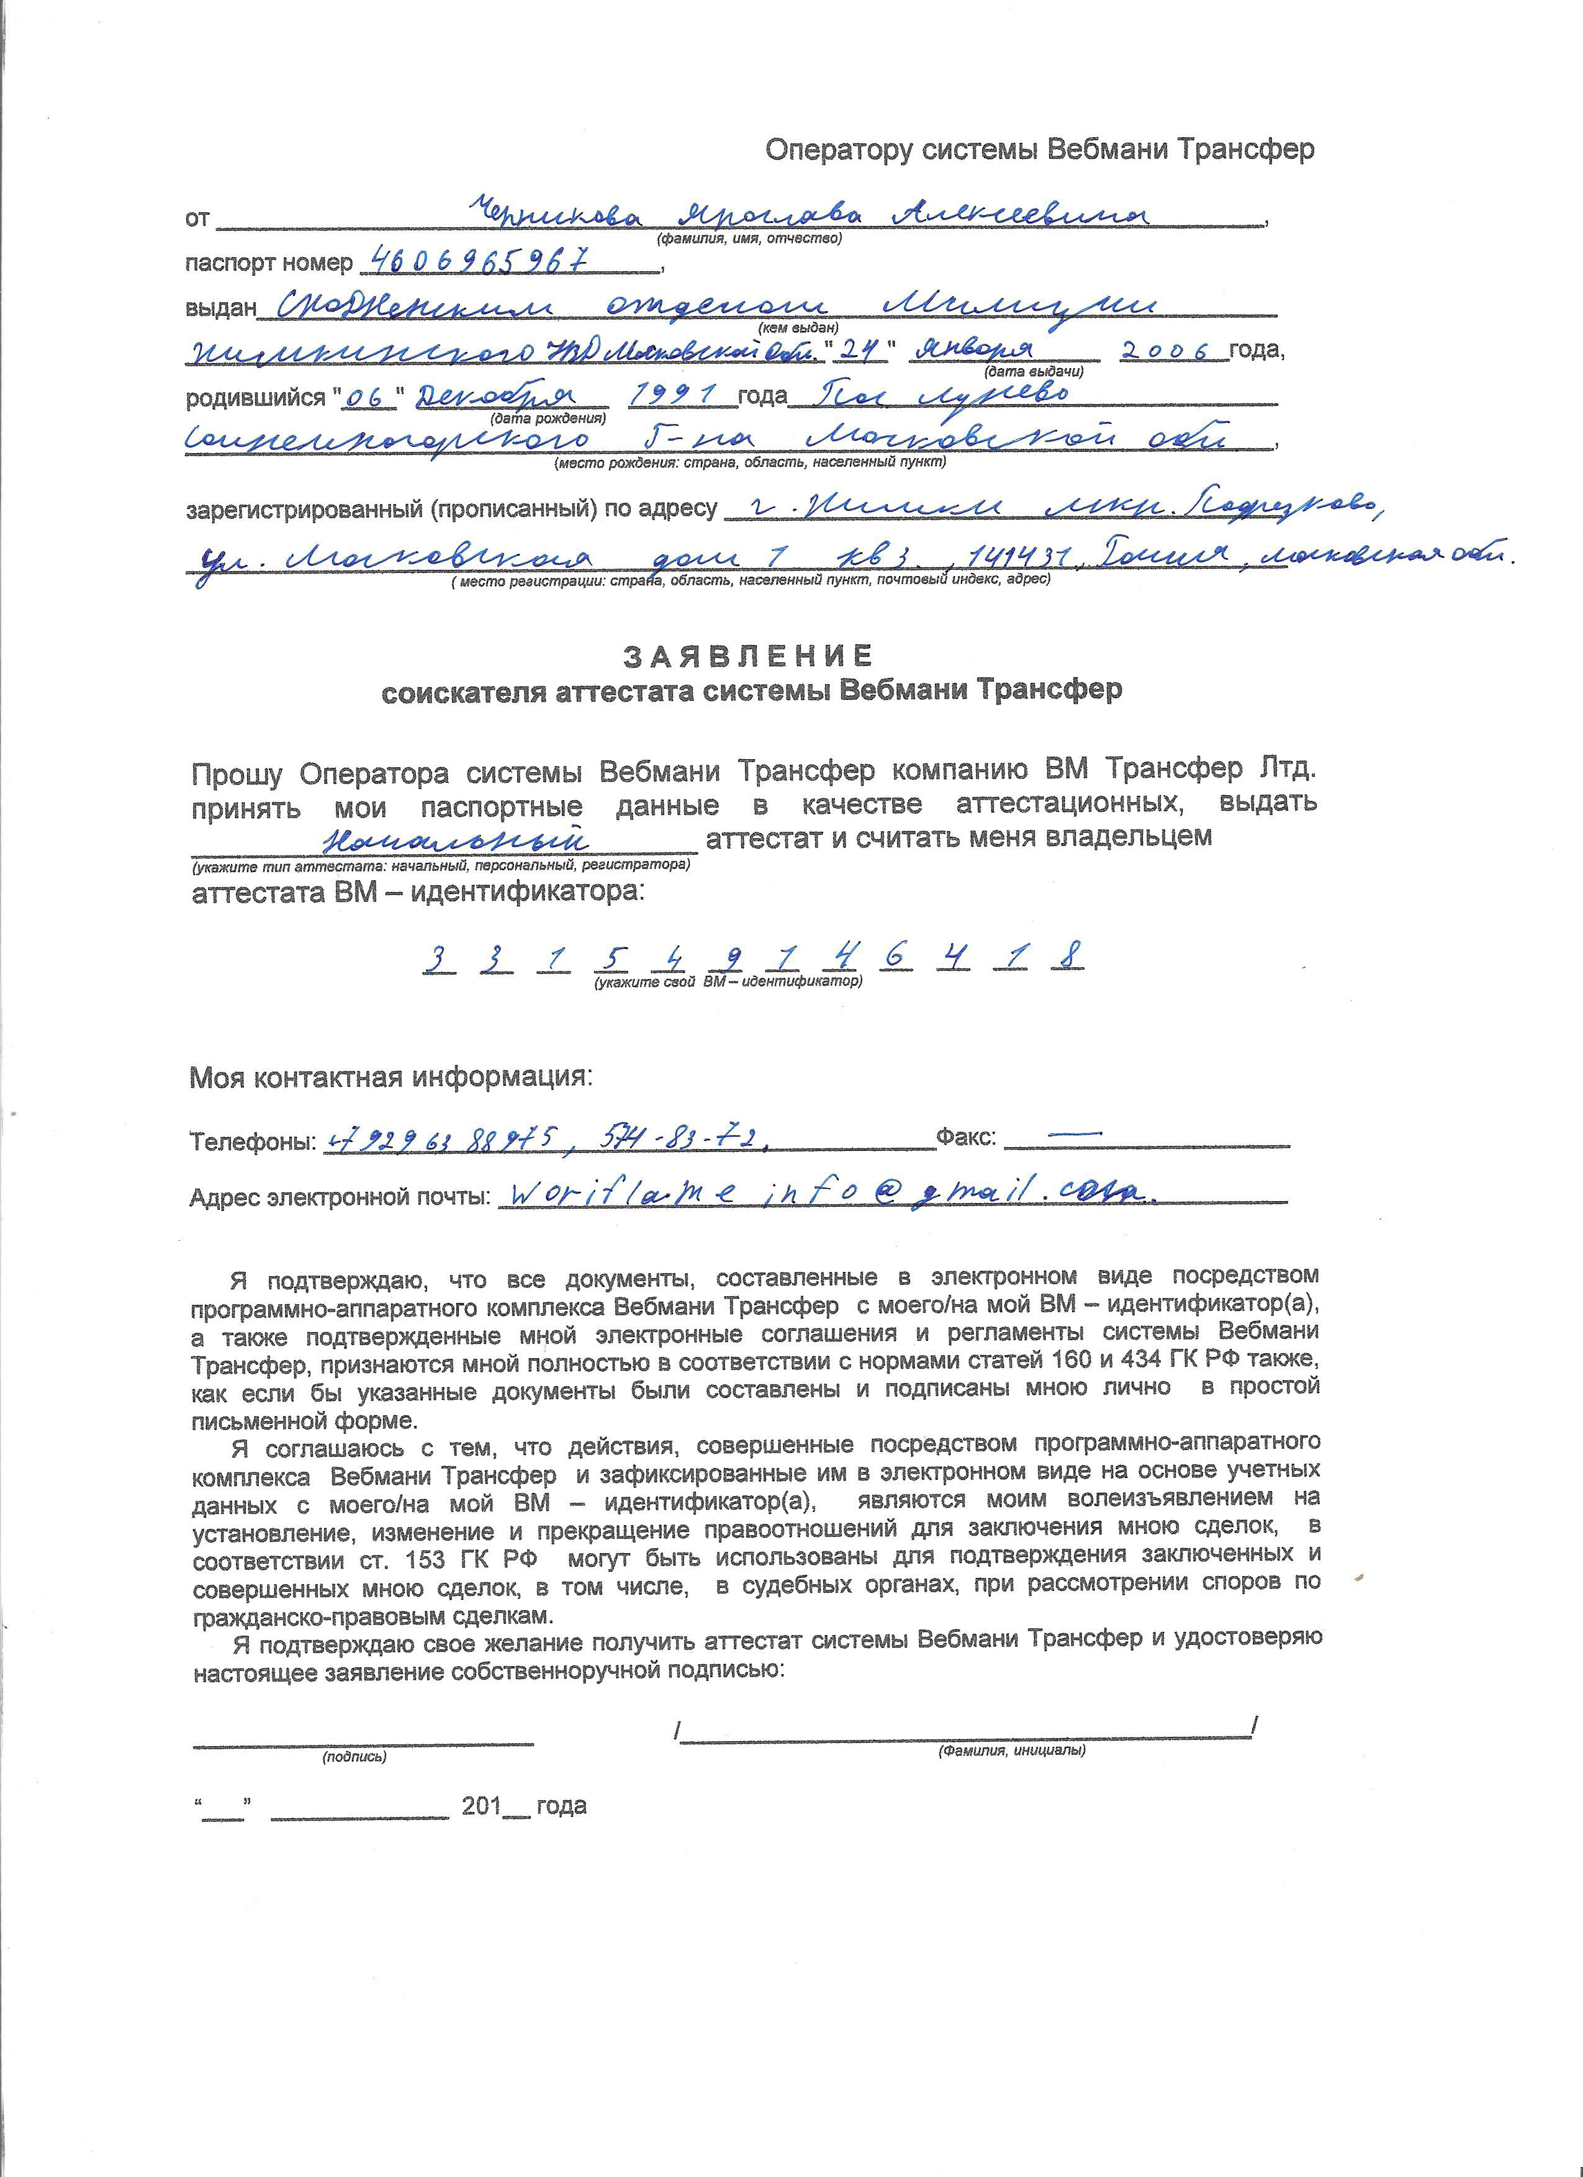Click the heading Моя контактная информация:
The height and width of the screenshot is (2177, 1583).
(392, 1077)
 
